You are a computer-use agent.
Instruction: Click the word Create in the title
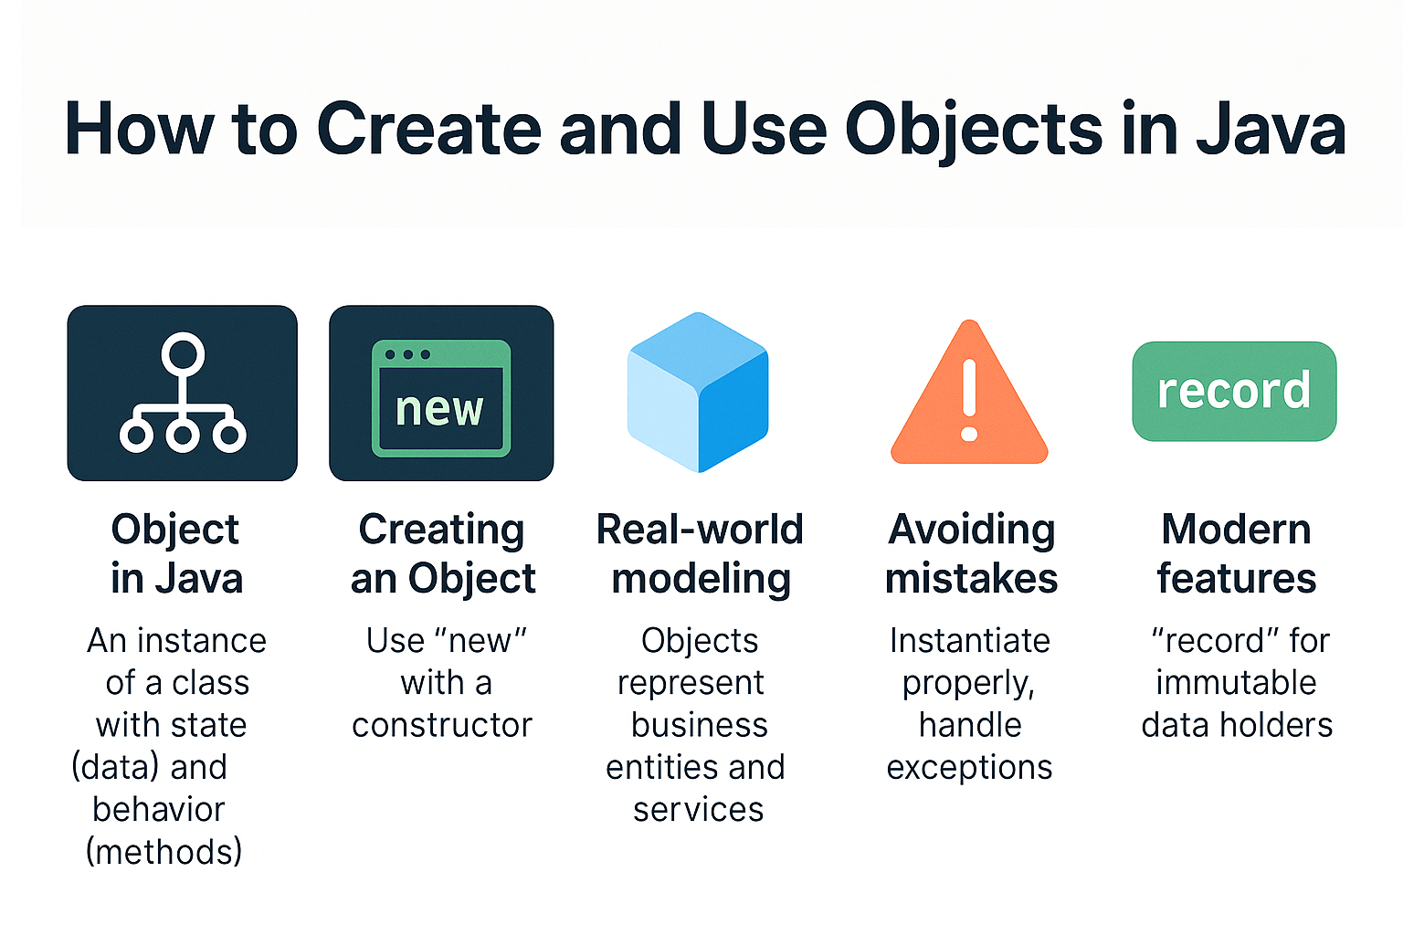[428, 130]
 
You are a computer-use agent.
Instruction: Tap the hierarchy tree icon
[183, 393]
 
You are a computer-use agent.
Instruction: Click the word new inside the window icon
[439, 409]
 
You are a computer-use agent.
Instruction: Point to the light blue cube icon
[698, 393]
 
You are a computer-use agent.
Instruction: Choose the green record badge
[1234, 391]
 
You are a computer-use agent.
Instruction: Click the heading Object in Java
[176, 553]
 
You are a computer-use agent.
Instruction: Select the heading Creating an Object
[443, 553]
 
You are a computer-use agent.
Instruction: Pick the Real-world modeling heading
[700, 553]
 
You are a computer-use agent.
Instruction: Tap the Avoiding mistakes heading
[971, 553]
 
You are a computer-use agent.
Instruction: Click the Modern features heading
[1236, 553]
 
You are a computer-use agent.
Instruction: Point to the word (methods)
[164, 852]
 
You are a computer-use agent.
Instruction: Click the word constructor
[442, 725]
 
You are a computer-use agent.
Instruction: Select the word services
[699, 810]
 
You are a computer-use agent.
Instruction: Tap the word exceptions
[969, 768]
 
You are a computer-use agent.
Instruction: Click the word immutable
[1236, 683]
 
